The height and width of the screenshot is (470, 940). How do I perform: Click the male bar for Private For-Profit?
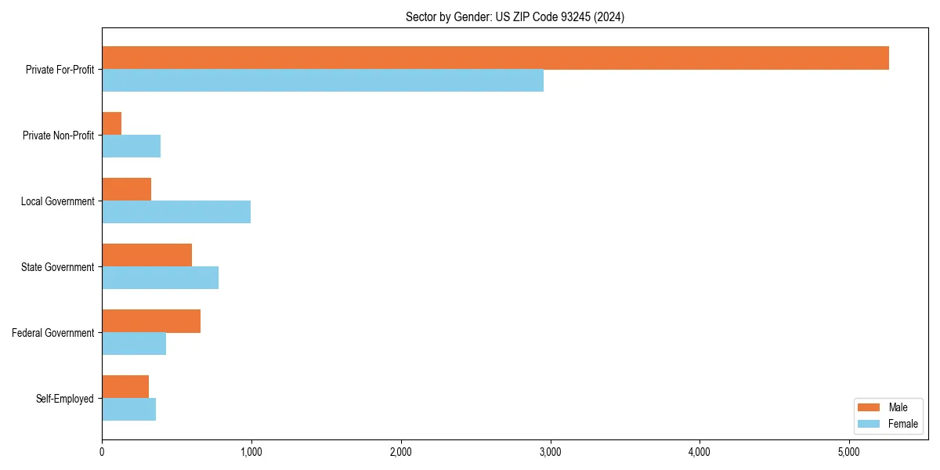495,58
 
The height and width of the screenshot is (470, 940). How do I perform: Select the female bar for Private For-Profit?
323,80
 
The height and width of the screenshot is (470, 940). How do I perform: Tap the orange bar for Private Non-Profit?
112,124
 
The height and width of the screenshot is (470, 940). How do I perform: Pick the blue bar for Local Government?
176,211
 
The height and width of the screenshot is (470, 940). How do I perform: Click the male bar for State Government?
147,255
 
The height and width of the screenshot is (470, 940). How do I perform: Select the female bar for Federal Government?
134,343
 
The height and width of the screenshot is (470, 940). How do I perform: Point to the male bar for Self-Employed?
125,387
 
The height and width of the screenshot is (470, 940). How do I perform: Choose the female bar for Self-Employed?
129,409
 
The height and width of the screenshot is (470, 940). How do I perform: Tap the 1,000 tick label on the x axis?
251,451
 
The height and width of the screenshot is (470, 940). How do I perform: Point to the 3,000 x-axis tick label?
550,451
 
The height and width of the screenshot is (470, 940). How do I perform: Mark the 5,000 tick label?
849,451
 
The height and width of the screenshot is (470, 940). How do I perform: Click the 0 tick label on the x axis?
102,451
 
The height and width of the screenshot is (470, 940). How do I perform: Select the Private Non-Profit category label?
58,136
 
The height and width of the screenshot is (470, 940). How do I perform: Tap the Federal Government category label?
53,333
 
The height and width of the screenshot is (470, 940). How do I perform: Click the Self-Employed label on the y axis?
65,399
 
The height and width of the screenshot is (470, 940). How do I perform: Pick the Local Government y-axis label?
58,201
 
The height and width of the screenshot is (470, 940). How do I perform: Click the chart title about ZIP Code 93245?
515,16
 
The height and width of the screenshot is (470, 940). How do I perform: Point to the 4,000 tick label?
700,451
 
